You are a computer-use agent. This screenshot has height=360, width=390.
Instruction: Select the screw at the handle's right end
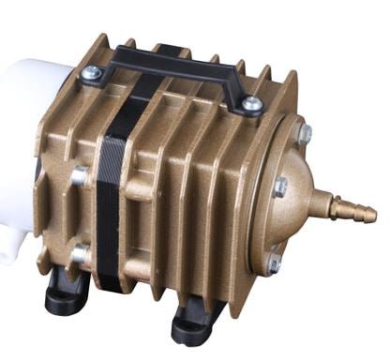(252, 104)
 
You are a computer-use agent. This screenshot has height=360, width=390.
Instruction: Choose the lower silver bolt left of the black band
(81, 252)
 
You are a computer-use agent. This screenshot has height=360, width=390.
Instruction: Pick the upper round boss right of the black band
(142, 187)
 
